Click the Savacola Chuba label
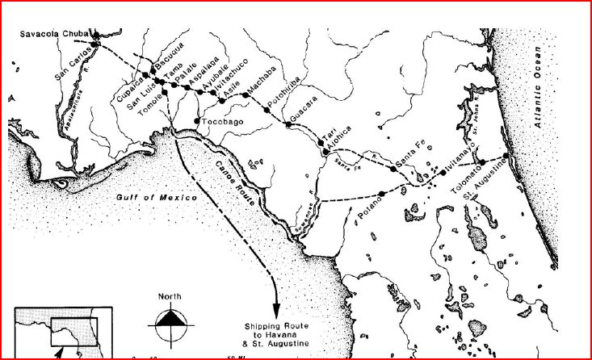coord(54,33)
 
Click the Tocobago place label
coord(222,122)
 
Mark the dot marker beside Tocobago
coord(197,121)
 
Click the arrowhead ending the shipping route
coord(276,310)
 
